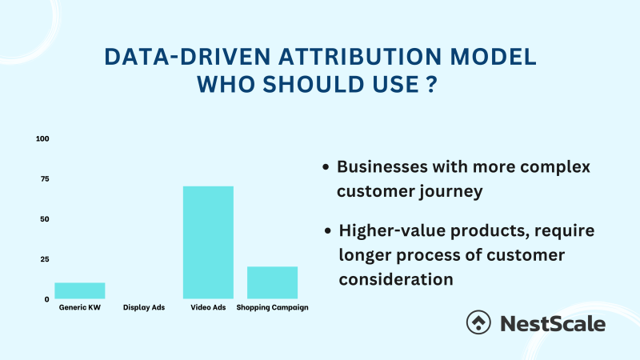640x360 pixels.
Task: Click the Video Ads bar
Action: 208,242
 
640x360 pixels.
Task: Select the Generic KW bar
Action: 79,290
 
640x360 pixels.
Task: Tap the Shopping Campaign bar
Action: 272,282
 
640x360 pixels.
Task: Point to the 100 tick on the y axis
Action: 42,138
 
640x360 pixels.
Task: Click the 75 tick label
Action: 44,178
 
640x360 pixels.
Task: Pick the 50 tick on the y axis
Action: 44,219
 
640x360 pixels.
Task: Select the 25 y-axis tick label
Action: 44,259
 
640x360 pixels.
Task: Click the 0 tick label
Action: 46,299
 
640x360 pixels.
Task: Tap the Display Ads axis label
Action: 144,308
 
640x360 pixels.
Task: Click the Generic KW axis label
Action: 79,308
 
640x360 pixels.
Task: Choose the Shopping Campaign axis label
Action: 273,308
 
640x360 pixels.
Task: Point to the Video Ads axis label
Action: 208,308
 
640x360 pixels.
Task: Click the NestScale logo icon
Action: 479,322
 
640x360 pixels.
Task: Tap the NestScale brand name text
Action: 553,323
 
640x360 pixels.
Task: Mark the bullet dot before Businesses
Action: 326,168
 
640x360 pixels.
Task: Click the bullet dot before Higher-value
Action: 329,230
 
